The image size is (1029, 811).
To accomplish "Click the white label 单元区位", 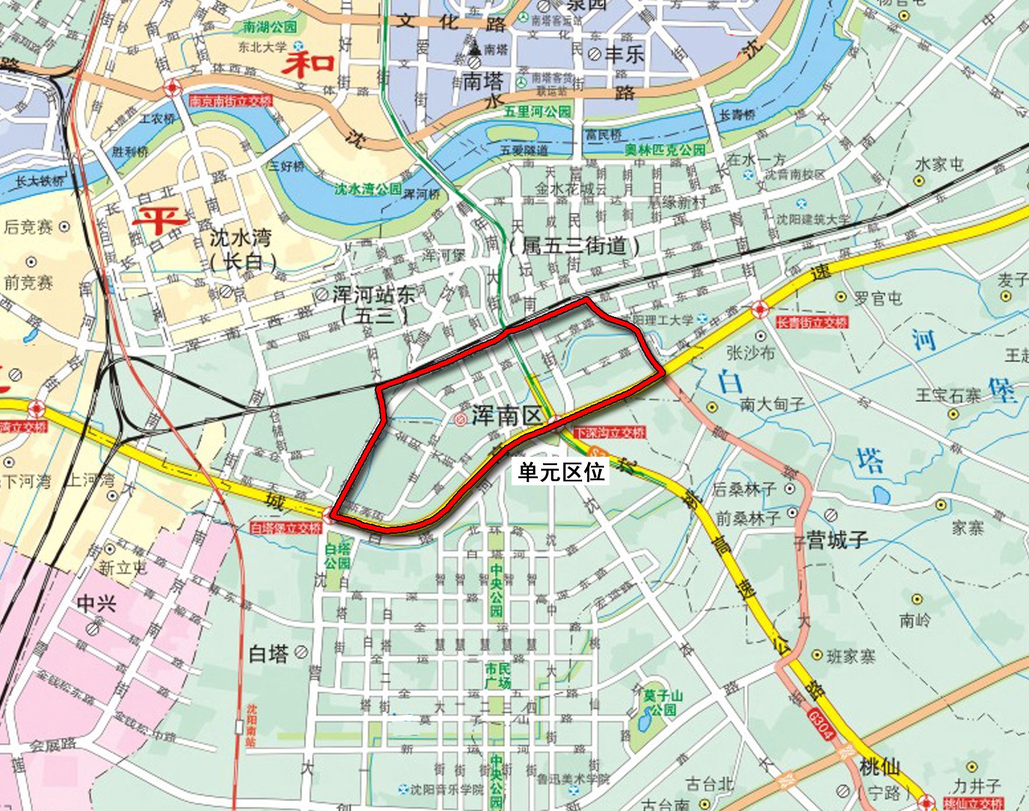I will pyautogui.click(x=561, y=471).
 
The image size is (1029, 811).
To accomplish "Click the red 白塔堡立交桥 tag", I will pyautogui.click(x=286, y=528).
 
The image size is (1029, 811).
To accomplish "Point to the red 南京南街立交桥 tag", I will pyautogui.click(x=231, y=101).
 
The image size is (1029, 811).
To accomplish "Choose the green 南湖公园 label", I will pyautogui.click(x=270, y=27).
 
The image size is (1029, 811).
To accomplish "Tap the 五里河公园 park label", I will pyautogui.click(x=537, y=111).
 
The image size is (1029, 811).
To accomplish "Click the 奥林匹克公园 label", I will pyautogui.click(x=665, y=150).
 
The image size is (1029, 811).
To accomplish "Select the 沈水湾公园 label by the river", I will pyautogui.click(x=368, y=189).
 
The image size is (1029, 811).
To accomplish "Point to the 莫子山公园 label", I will pyautogui.click(x=663, y=702).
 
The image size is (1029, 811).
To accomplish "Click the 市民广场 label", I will pyautogui.click(x=498, y=675).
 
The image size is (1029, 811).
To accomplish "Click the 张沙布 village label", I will pyautogui.click(x=750, y=352).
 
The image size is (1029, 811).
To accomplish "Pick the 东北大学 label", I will pyautogui.click(x=262, y=47).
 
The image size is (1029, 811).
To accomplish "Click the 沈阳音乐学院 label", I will pyautogui.click(x=446, y=789).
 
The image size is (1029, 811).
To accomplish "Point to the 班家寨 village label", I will pyautogui.click(x=851, y=657).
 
